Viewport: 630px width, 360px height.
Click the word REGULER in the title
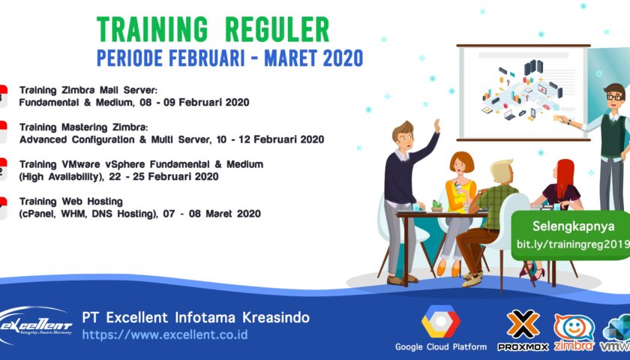(x=279, y=29)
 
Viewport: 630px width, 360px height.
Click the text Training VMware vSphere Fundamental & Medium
(x=141, y=163)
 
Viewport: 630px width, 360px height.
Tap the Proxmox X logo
(x=523, y=324)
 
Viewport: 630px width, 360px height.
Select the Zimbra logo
(x=574, y=331)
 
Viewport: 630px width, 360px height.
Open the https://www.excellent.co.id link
(x=164, y=334)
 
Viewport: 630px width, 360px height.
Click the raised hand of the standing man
(x=436, y=126)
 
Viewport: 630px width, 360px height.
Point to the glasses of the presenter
(x=614, y=97)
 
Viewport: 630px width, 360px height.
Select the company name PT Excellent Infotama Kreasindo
(x=195, y=317)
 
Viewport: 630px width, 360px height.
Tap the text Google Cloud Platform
(x=441, y=346)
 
